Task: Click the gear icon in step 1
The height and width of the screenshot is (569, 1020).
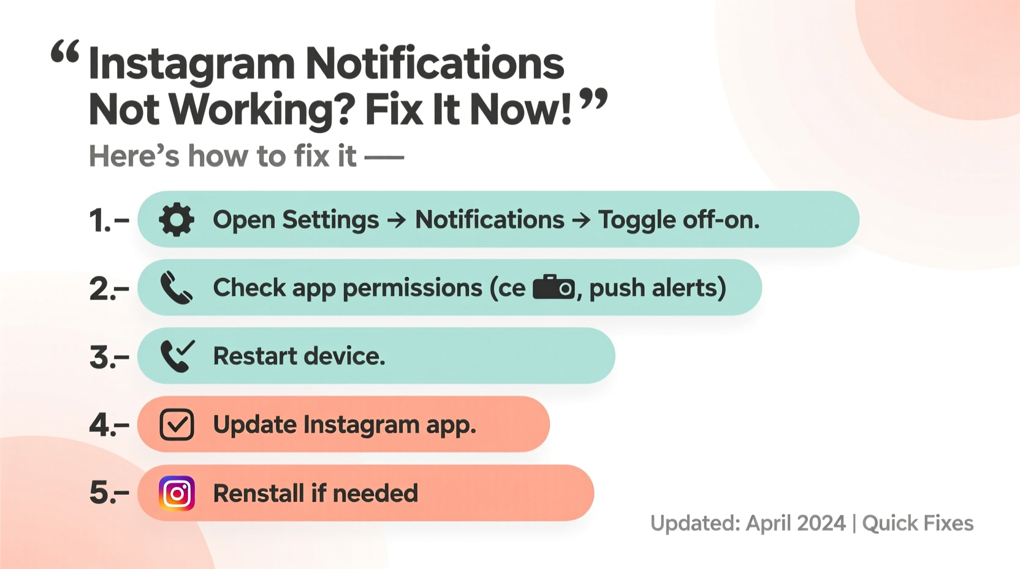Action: (177, 220)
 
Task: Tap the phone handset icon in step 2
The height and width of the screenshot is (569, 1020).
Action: (176, 288)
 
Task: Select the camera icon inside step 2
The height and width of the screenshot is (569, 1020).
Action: (554, 288)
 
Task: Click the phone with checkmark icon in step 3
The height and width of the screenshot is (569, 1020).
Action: (177, 356)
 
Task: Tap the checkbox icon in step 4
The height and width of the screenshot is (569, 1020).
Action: (177, 424)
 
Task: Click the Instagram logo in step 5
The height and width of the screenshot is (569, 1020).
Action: (177, 493)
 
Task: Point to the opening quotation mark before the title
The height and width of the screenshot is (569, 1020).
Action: (65, 53)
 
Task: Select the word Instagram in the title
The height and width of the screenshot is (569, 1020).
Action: (191, 64)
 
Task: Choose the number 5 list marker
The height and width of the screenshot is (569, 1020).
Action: (101, 493)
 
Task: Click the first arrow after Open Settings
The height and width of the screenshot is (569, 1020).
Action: (397, 220)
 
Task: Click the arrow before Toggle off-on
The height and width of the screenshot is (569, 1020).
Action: (580, 220)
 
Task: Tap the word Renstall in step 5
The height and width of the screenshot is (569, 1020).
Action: (257, 494)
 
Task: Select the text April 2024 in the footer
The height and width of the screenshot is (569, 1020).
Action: (796, 524)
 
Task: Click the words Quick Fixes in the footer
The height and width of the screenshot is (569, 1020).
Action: (918, 524)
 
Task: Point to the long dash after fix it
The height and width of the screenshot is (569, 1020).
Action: (384, 158)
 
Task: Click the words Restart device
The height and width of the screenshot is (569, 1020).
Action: (299, 356)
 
